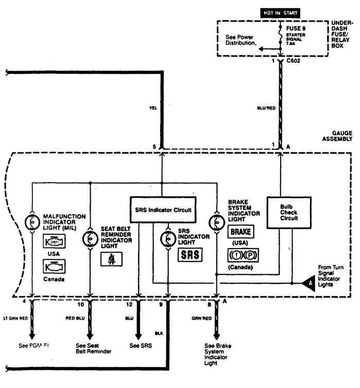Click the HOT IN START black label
279,12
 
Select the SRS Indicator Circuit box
162,209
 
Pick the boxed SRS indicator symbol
190,255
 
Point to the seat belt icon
110,258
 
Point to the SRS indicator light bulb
168,239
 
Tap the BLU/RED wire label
268,109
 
